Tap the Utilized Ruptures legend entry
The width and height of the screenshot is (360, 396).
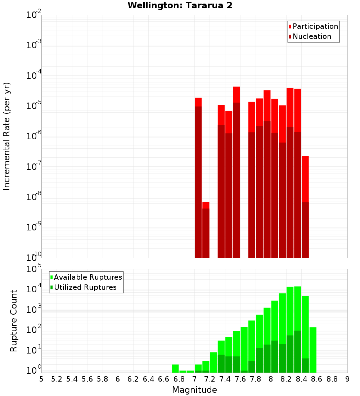point(85,287)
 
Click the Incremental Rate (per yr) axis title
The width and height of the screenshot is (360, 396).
point(7,136)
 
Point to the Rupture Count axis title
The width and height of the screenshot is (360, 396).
point(14,321)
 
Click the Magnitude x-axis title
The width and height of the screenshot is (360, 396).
point(194,390)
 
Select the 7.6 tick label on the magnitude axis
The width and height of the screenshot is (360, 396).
point(240,379)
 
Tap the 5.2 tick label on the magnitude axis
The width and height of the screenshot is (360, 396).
point(57,379)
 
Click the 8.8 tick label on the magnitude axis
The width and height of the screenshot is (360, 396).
point(332,379)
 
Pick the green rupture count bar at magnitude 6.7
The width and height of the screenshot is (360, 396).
point(175,369)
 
